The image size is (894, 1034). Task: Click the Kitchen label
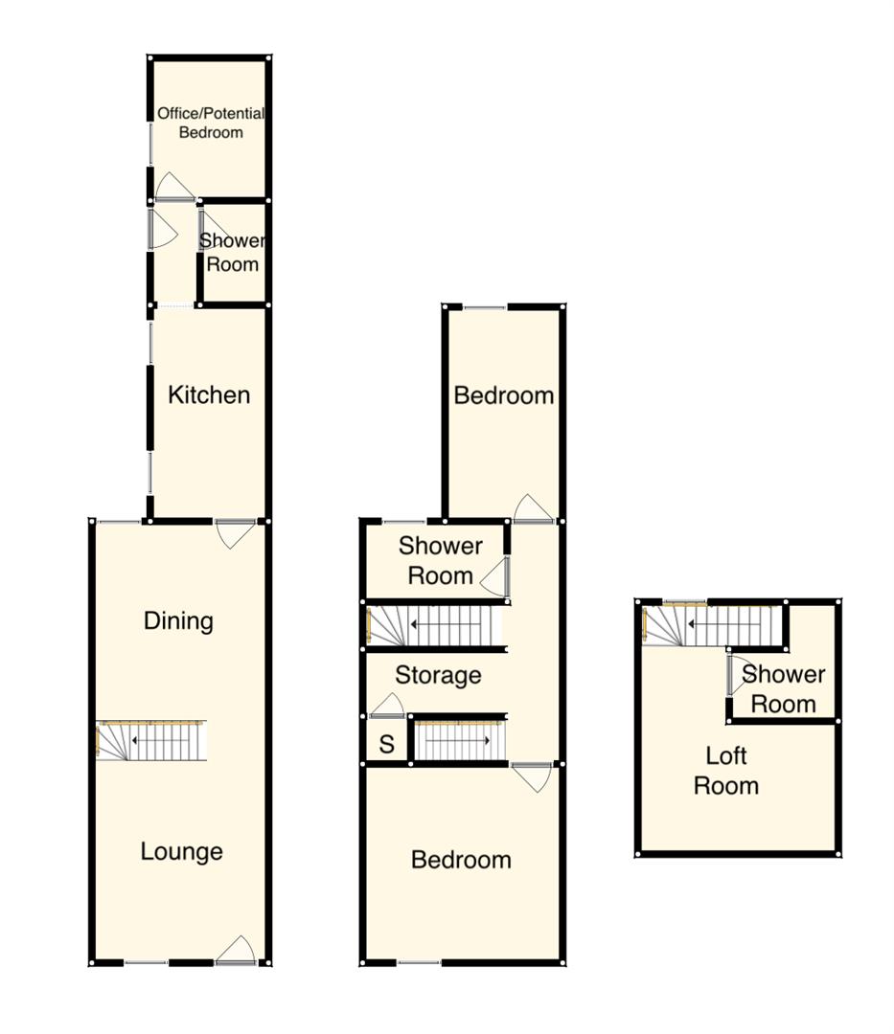coord(209,394)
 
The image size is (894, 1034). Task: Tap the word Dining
coord(178,621)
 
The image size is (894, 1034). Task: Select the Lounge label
coord(181,851)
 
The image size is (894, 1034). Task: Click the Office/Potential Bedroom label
coord(211,123)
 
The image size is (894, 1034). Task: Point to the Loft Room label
coord(726,771)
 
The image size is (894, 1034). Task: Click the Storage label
coord(438,676)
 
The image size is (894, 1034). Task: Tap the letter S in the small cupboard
coord(387,745)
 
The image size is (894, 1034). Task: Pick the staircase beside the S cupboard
coord(458,741)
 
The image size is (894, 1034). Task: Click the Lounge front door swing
coord(237,950)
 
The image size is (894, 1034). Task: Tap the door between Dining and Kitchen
coord(236,532)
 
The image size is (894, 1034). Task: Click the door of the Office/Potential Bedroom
coord(173,187)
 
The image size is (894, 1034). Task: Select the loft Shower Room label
coord(783,689)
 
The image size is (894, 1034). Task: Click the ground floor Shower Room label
coord(233,253)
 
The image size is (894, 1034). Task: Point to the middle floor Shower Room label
coord(440,561)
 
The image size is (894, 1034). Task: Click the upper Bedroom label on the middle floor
coord(504,395)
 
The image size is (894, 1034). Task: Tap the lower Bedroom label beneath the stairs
coord(461,860)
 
